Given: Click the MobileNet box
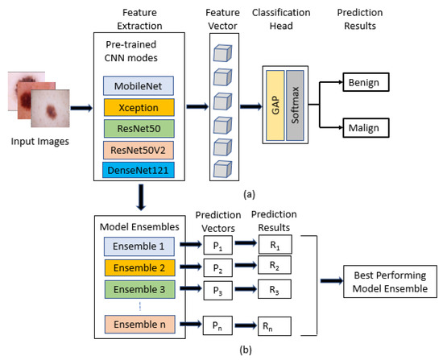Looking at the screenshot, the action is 139,86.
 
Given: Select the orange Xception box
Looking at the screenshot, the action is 139,107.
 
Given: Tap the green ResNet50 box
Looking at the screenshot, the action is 139,129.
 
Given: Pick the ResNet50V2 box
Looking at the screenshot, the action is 139,150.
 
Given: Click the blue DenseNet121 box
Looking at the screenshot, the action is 139,170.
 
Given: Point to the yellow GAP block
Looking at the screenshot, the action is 275,106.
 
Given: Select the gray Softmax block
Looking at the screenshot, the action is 295,106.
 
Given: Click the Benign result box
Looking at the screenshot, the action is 366,82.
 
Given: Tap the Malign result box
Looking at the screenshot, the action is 366,128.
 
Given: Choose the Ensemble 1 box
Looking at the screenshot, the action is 139,246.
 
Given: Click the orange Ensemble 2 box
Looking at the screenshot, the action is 139,267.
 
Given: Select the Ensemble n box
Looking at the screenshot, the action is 140,324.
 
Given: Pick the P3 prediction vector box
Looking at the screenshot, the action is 217,290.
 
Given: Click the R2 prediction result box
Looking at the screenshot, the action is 275,265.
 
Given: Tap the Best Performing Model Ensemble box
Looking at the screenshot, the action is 390,281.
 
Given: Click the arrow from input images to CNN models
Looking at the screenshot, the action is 81,108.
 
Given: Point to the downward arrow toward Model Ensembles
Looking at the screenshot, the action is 141,197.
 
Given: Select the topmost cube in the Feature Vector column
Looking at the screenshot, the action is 222,53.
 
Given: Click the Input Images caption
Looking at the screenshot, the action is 39,141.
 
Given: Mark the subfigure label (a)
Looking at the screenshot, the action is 249,194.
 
